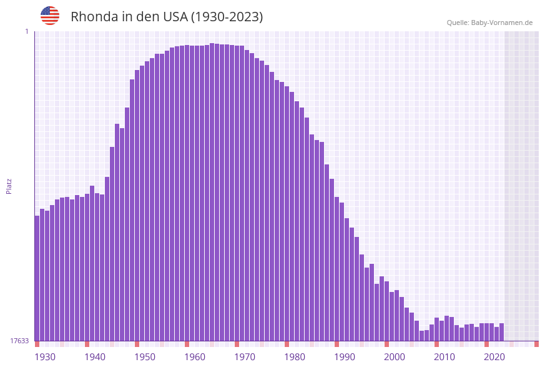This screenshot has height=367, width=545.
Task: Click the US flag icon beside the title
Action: [50, 16]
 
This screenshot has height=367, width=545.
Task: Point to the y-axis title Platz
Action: [9, 186]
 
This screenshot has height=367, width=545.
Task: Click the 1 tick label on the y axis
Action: [27, 31]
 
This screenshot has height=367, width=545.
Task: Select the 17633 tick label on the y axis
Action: [19, 341]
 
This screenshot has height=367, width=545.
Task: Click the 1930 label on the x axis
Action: [45, 357]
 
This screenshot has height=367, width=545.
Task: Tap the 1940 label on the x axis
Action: [95, 357]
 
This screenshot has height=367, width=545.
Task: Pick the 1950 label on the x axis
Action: [145, 357]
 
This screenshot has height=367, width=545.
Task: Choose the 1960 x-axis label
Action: [195, 357]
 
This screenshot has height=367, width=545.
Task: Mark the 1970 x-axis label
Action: [245, 357]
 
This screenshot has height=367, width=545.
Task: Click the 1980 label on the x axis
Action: [295, 357]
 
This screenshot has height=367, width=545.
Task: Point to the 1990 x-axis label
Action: [345, 357]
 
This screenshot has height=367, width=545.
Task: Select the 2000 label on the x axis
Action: [395, 357]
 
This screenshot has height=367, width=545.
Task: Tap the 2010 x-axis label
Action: [444, 357]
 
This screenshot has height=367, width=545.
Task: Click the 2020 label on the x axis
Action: [494, 357]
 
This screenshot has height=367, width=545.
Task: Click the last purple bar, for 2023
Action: [501, 332]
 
